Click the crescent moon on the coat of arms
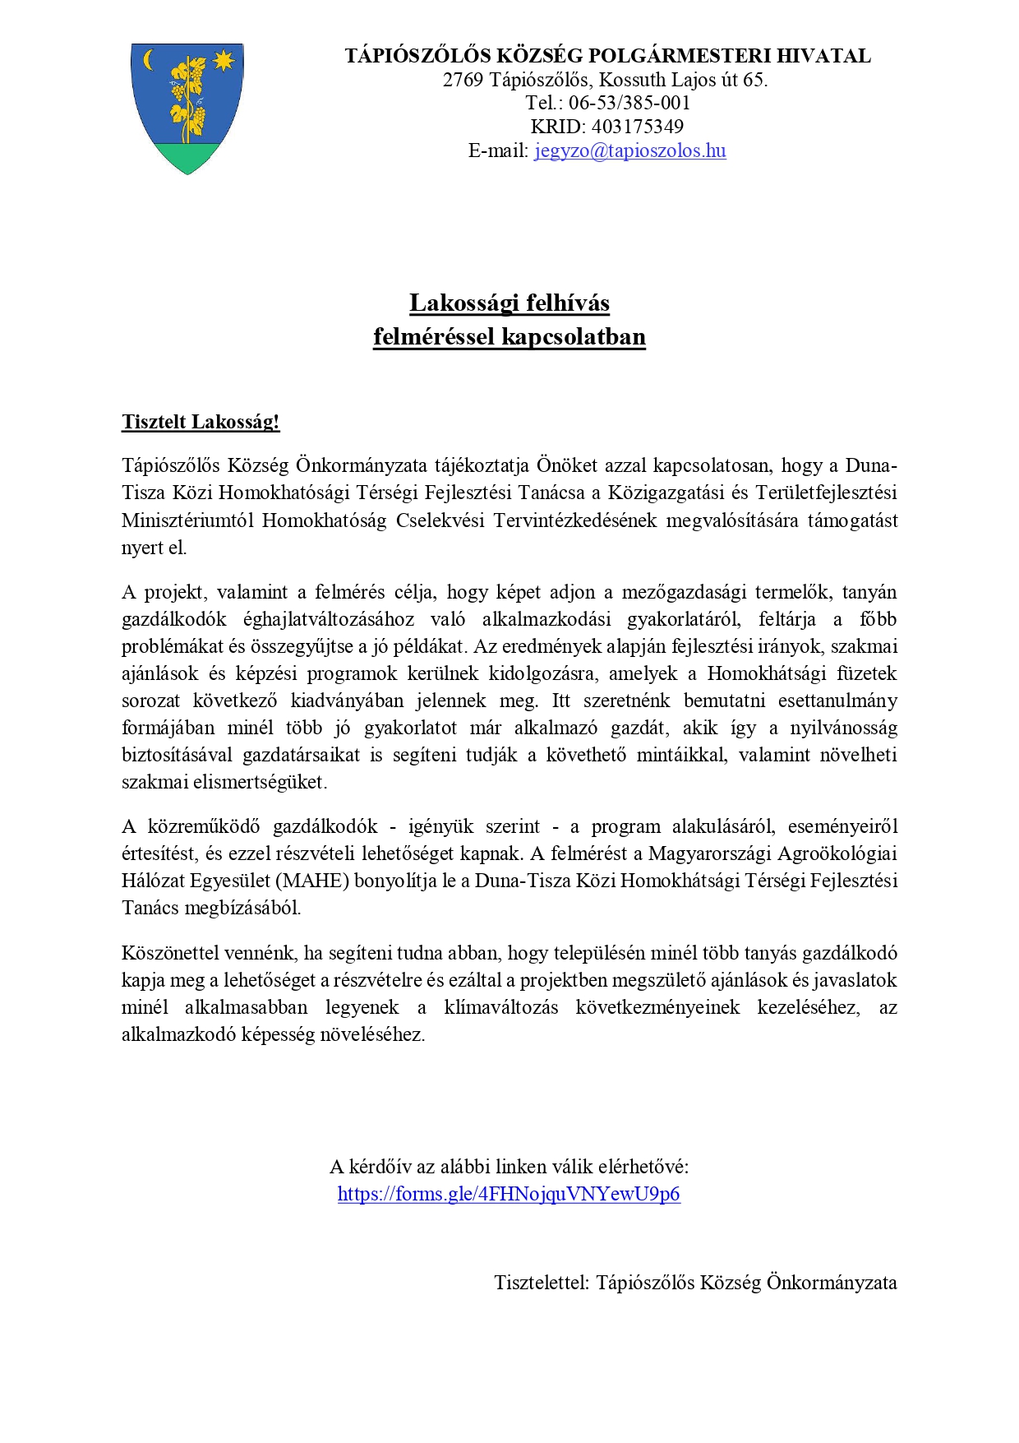[x=149, y=60]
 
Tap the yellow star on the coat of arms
[x=224, y=60]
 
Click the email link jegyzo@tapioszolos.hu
[x=629, y=150]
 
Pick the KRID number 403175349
[x=637, y=127]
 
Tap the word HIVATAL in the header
[x=823, y=56]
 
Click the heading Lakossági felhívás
[x=509, y=303]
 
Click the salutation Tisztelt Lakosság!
[x=201, y=423]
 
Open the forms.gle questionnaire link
[x=509, y=1194]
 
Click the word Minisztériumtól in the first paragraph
[x=188, y=520]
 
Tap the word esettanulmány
[x=837, y=701]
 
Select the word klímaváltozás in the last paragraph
[x=501, y=1007]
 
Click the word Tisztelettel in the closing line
[x=542, y=1283]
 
